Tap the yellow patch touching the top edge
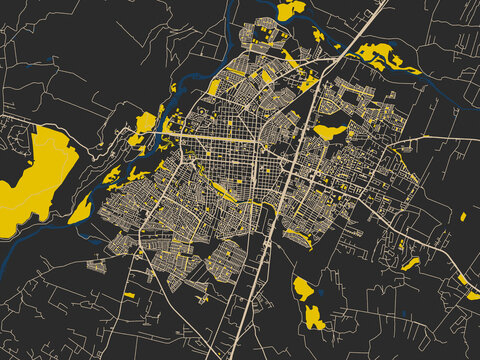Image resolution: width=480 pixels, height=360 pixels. pos(290,9)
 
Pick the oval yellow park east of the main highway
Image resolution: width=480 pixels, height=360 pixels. pos(329,130)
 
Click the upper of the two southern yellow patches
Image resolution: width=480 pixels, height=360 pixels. pos(304,289)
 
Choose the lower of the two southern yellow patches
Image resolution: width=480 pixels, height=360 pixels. pos(314,318)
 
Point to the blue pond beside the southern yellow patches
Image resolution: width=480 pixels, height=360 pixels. pos(323,297)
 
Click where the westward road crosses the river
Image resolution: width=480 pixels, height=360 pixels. pos(160,131)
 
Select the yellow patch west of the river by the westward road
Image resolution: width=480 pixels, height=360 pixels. pos(146,123)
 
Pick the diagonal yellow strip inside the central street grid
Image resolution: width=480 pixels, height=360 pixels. pos(225,191)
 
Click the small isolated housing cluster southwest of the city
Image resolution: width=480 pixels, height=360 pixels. pos(97,266)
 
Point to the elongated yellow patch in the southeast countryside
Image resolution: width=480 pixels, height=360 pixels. pos(410,264)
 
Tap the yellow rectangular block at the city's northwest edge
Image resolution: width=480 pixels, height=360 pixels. pos(213,88)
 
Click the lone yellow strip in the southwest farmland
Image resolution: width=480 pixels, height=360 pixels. pos(129,295)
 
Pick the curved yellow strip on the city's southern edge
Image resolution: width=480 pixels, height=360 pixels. pos(298,237)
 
